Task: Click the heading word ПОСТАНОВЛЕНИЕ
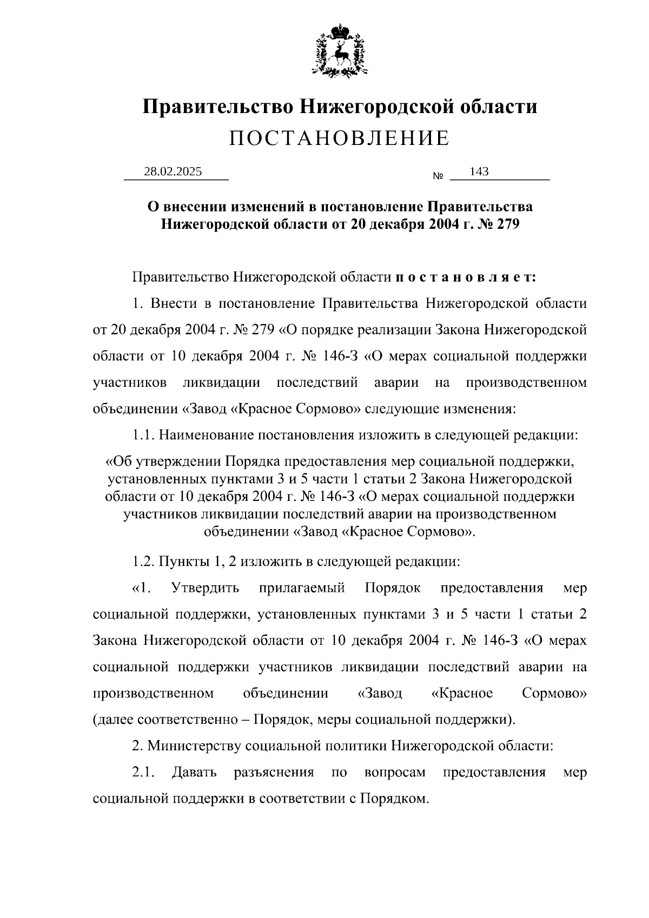(x=339, y=138)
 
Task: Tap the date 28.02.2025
(x=173, y=172)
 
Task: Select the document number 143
(x=479, y=172)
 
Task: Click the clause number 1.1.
(x=143, y=434)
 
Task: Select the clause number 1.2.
(x=143, y=562)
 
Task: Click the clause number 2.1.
(x=143, y=772)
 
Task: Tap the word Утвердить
(x=205, y=588)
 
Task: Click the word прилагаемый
(x=302, y=588)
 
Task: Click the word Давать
(x=194, y=772)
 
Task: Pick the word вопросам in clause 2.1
(x=395, y=772)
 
